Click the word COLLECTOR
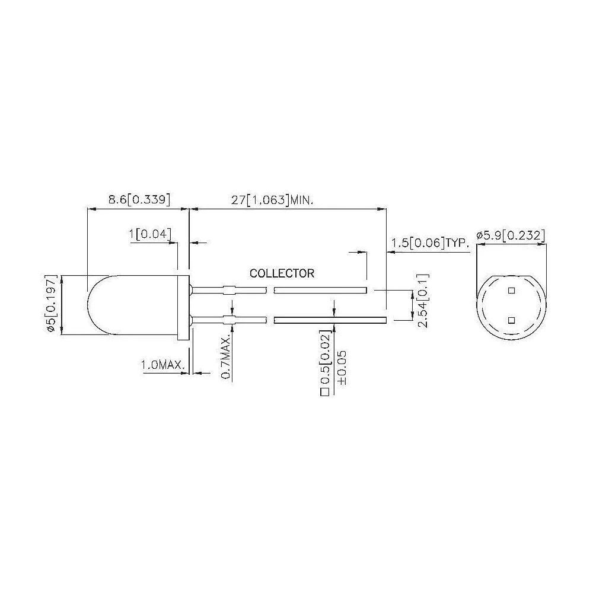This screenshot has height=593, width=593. click(x=282, y=274)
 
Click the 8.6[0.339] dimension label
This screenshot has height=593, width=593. click(x=139, y=200)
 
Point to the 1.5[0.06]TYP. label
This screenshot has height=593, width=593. click(x=430, y=243)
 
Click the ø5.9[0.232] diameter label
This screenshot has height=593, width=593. click(x=510, y=235)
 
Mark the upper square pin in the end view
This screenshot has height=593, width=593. click(x=511, y=291)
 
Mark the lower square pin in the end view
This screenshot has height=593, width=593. click(x=511, y=320)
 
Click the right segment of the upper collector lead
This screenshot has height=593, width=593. click(x=320, y=290)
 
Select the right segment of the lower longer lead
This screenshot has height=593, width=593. click(x=330, y=320)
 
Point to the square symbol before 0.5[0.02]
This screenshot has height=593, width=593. click(x=324, y=392)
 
